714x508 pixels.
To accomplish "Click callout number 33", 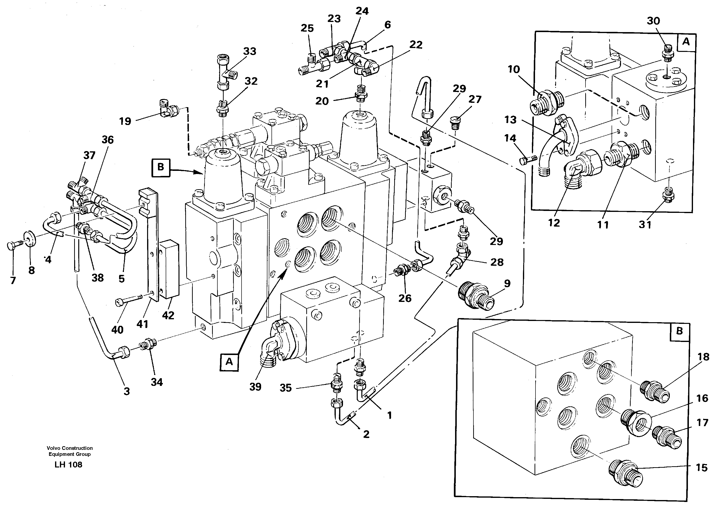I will pyautogui.click(x=250, y=51).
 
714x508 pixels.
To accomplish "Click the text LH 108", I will pyautogui.click(x=68, y=465).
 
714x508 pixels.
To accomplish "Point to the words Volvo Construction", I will pyautogui.click(x=70, y=448).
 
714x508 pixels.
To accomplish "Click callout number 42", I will pyautogui.click(x=168, y=315).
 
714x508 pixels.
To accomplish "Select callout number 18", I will pyautogui.click(x=703, y=357).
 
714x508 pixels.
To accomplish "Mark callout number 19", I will pyautogui.click(x=125, y=121).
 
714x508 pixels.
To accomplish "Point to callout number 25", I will pyautogui.click(x=307, y=28).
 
